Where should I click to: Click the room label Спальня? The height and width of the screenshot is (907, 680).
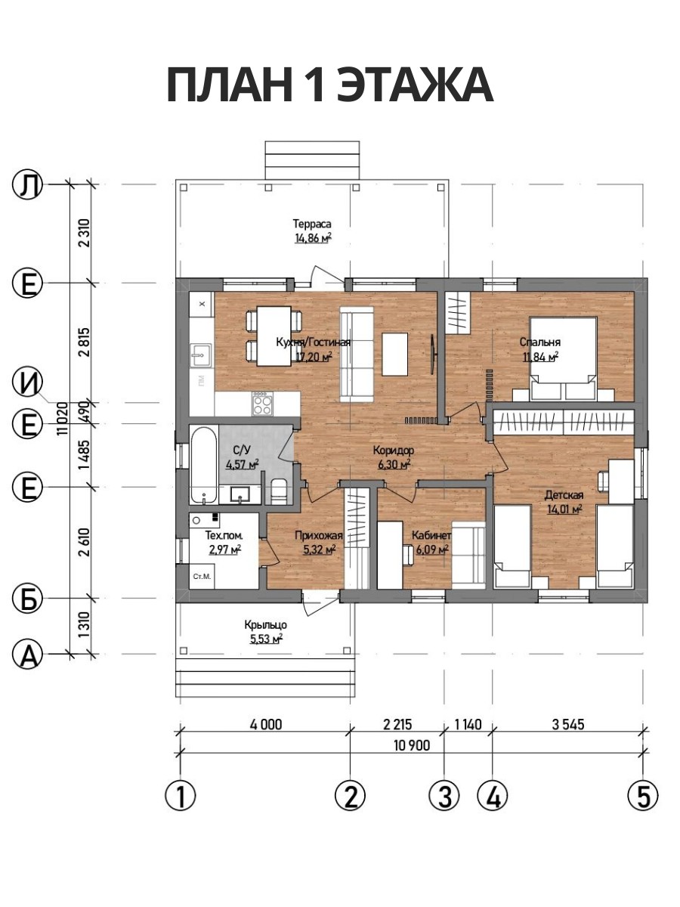[x=539, y=342]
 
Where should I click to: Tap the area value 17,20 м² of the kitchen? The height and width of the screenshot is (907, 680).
[x=314, y=357]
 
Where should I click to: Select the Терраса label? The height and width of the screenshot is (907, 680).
[x=312, y=224]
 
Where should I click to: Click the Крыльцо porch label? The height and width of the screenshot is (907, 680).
[x=265, y=625]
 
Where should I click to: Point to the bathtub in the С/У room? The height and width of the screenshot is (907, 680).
[x=203, y=466]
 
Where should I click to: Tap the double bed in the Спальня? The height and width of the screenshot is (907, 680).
[x=564, y=358]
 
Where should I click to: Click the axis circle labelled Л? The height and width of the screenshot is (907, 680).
[x=27, y=184]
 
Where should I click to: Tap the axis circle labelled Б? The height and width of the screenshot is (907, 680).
[x=27, y=599]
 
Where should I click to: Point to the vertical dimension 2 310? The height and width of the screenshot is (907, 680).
[x=85, y=233]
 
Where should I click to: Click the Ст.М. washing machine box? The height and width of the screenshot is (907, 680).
[x=202, y=576]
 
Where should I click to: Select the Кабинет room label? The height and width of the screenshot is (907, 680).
[x=431, y=536]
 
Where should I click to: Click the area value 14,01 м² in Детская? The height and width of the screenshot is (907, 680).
[x=564, y=509]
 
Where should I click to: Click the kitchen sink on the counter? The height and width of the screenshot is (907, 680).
[x=201, y=354]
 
